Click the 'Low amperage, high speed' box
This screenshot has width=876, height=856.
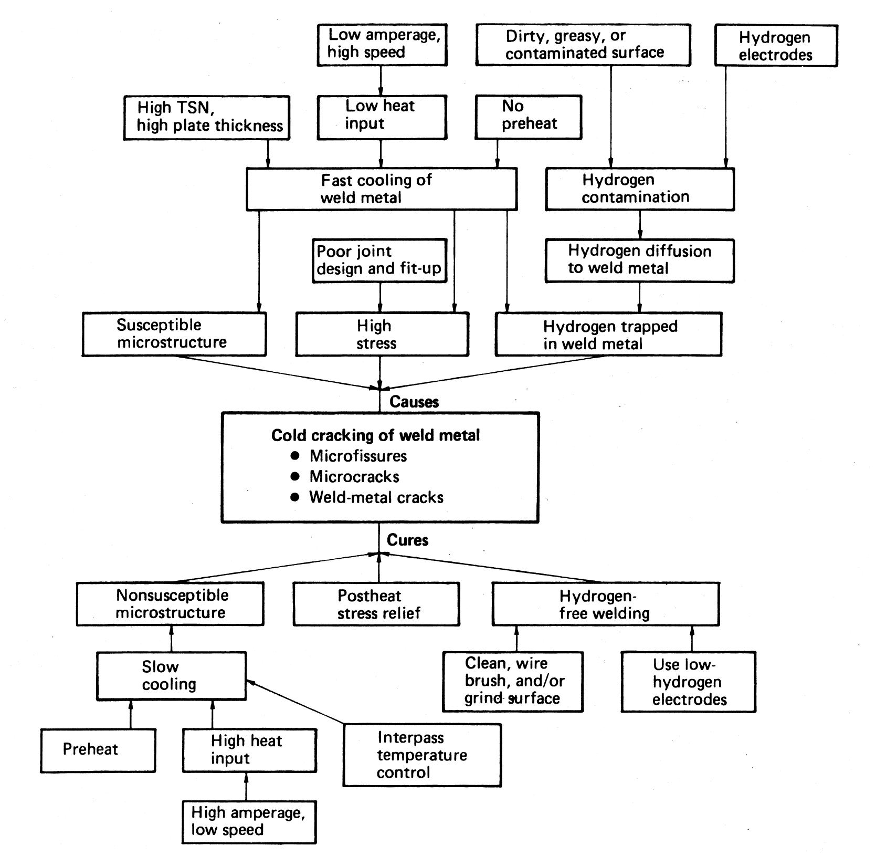382,45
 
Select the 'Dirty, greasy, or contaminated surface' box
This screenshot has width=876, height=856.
583,45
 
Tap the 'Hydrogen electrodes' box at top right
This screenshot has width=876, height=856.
776,46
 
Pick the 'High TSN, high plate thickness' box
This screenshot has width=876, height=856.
206,118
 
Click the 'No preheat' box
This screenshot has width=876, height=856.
528,117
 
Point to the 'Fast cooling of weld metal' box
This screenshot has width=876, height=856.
382,189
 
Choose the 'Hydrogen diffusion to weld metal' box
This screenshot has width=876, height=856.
639,260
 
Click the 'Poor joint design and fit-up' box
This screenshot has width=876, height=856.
379,261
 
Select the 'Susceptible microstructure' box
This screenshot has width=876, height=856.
174,334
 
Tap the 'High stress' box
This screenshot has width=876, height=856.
382,335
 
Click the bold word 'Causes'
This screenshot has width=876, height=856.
414,402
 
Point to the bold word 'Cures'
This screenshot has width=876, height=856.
407,540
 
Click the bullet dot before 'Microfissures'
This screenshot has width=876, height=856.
295,455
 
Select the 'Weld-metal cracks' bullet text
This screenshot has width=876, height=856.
376,497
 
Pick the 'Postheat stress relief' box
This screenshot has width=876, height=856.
376,604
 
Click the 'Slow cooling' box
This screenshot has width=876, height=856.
171,676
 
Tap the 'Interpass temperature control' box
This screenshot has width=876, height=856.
423,755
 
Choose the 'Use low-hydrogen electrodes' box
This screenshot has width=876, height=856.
688,682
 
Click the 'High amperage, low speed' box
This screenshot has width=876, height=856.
249,822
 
